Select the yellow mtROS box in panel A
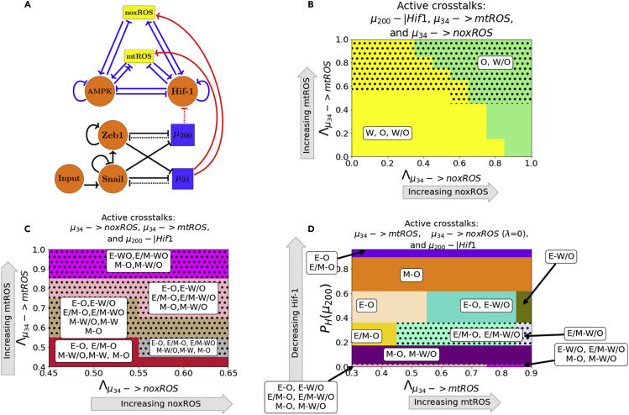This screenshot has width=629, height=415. tap(118, 56)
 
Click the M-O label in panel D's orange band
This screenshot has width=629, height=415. tap(412, 275)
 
